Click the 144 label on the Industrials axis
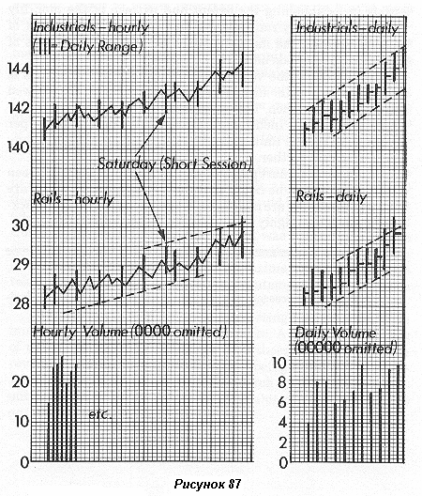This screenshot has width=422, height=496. pyautogui.click(x=19, y=69)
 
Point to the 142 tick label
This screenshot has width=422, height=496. pyautogui.click(x=19, y=108)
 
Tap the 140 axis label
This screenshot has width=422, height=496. pyautogui.click(x=19, y=147)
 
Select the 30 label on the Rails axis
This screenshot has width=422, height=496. pyautogui.click(x=21, y=225)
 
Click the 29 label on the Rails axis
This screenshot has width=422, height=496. pyautogui.click(x=21, y=265)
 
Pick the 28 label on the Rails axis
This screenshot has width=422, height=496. pyautogui.click(x=21, y=303)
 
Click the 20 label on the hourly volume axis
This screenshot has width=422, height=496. pyautogui.click(x=21, y=382)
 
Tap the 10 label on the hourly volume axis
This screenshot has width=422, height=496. pyautogui.click(x=22, y=422)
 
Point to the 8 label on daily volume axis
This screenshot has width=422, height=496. pyautogui.click(x=281, y=382)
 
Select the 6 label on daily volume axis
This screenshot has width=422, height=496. pyautogui.click(x=281, y=402)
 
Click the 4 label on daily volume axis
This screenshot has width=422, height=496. pyautogui.click(x=281, y=423)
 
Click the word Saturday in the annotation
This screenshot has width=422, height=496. pyautogui.click(x=127, y=164)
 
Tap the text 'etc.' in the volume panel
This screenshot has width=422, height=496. pyautogui.click(x=100, y=414)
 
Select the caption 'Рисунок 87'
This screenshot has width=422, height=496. pyautogui.click(x=207, y=484)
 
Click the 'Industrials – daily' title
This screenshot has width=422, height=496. pyautogui.click(x=347, y=28)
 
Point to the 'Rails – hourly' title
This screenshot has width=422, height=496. pyautogui.click(x=73, y=199)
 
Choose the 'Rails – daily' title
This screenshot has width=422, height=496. pyautogui.click(x=331, y=196)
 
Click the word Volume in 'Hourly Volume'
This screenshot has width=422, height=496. pyautogui.click(x=106, y=332)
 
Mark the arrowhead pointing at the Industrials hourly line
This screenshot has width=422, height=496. pyautogui.click(x=162, y=118)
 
